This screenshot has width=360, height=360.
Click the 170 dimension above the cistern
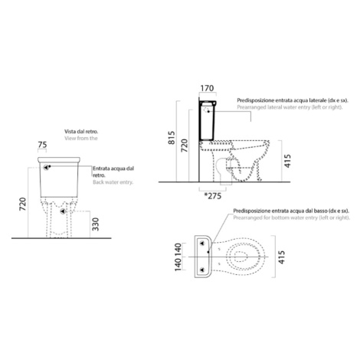click(207, 88)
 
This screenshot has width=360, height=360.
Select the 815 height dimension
click(172, 138)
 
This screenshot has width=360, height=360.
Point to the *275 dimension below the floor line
click(213, 196)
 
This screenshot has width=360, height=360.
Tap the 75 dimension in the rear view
click(42, 145)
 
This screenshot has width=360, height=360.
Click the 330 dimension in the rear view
click(96, 224)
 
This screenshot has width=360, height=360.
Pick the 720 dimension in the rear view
click(23, 204)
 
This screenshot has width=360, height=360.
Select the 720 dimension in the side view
click(185, 146)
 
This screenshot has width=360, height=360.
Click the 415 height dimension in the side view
click(287, 161)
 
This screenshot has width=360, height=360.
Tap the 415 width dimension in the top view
click(281, 257)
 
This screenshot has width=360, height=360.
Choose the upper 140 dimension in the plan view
click(178, 249)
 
